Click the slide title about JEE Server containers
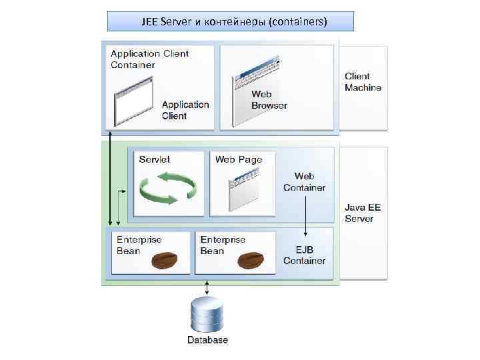231,21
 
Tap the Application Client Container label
149,59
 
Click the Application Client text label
185,110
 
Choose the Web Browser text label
269,100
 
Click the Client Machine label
363,82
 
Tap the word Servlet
155,159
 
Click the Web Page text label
239,159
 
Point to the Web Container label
304,182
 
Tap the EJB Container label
304,255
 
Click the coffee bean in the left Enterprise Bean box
164,259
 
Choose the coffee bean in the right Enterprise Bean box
251,259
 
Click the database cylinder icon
207,314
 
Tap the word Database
207,340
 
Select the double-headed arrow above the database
207,288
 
